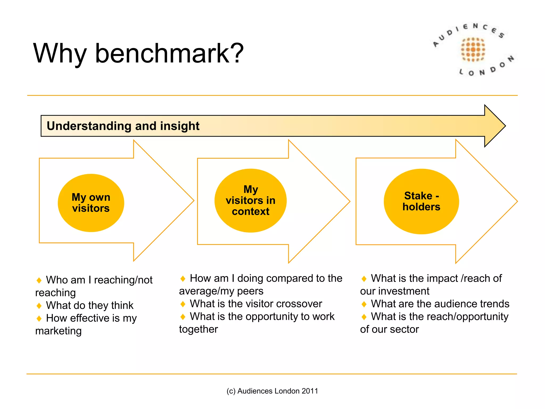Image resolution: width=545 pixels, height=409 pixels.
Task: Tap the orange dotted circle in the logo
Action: pos(473,50)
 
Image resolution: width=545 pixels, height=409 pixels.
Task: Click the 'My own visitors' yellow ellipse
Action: pos(91,203)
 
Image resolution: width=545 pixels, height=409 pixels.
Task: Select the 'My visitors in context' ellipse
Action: pos(250,201)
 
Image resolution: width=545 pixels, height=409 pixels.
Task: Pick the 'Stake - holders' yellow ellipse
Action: pos(421,202)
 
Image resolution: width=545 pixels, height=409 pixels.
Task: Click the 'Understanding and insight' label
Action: pos(123,126)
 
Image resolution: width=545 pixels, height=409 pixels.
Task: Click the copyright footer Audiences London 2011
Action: pos(272,391)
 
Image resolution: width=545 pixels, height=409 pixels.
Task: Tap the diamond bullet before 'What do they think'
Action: pos(39,306)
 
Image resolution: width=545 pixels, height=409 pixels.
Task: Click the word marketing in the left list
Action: pos(59,331)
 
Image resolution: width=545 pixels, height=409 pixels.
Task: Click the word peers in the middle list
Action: pos(250,291)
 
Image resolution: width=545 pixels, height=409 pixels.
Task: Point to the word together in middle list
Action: pos(199,329)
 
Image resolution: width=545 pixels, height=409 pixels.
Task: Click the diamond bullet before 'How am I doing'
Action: pos(183,279)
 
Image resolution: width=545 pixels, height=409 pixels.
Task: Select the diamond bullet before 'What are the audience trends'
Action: pos(364,304)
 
